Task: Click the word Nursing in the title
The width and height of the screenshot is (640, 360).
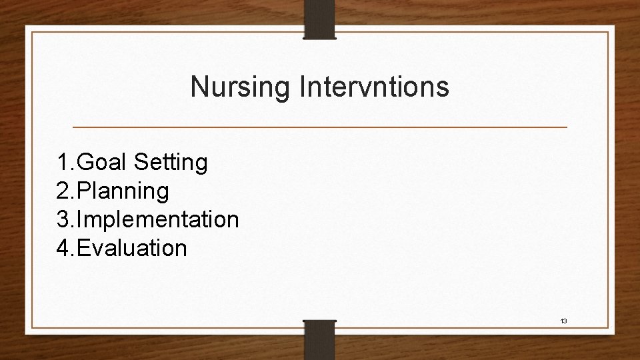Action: tap(237, 87)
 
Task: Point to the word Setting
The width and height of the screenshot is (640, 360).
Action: tap(171, 162)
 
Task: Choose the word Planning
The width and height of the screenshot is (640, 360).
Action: tap(124, 191)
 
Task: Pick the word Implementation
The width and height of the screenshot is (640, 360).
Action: tap(159, 219)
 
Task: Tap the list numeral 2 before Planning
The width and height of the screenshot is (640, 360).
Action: tap(64, 191)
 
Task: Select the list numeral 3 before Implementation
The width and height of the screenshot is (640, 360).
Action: tap(64, 219)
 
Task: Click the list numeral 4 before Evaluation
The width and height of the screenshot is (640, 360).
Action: tap(64, 248)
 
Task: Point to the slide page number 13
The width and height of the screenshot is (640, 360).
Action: tap(563, 321)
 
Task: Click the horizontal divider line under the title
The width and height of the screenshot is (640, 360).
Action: tap(320, 127)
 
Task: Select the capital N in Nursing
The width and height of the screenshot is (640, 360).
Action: tap(199, 87)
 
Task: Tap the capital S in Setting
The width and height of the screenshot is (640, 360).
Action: tap(141, 162)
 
